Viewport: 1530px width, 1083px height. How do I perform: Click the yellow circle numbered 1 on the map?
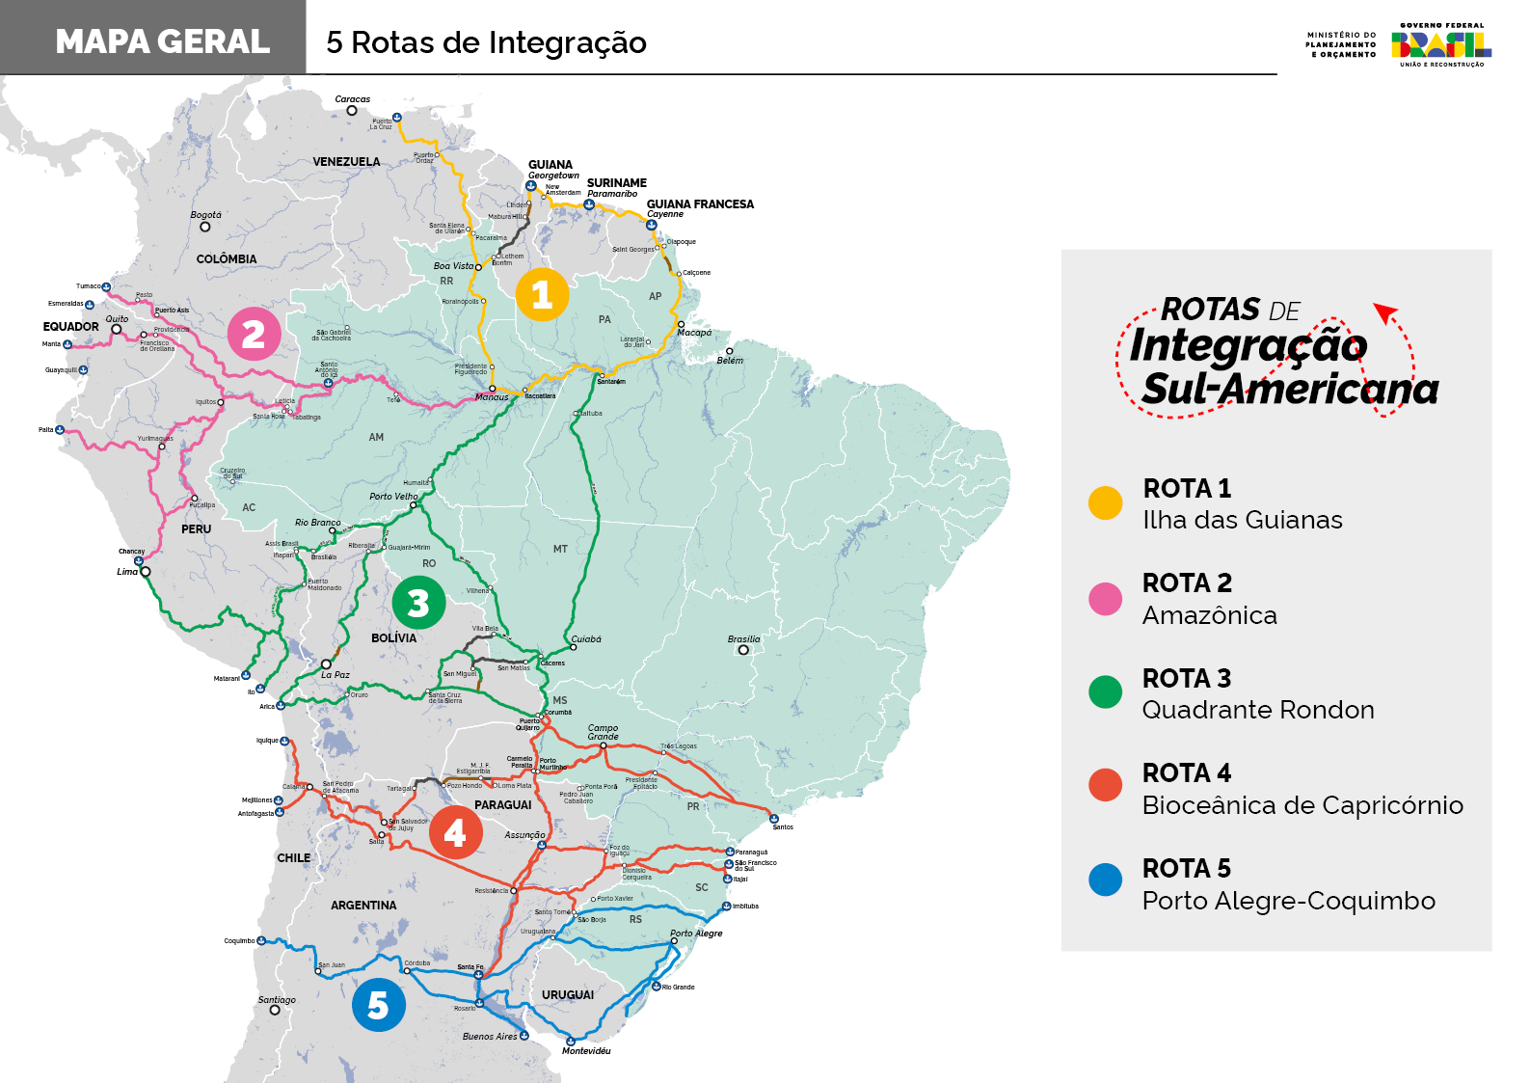click(x=542, y=294)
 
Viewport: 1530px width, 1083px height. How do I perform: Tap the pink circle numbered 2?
click(x=254, y=334)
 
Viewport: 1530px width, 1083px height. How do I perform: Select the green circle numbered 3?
click(x=418, y=603)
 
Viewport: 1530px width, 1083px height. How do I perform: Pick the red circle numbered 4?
click(x=455, y=832)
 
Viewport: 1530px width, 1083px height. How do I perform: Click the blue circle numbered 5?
click(x=378, y=1005)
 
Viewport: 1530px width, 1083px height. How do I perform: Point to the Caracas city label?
click(x=352, y=99)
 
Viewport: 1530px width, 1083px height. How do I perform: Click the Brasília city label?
click(x=743, y=638)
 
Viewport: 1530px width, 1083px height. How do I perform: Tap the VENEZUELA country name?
click(x=346, y=162)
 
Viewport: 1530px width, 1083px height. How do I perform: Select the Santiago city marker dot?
click(x=275, y=1011)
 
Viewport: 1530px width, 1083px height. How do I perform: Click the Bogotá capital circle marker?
click(x=204, y=227)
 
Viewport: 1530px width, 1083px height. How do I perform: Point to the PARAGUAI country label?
click(x=502, y=805)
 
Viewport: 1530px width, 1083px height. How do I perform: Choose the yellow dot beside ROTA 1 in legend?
click(x=1105, y=503)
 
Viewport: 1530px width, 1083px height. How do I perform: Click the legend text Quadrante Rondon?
click(x=1257, y=711)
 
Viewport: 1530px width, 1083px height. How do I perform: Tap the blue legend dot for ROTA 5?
click(x=1105, y=880)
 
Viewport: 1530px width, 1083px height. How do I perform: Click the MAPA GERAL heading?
click(x=162, y=41)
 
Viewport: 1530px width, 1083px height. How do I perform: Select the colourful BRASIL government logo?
click(x=1440, y=44)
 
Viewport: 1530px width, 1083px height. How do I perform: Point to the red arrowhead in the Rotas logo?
click(x=1384, y=312)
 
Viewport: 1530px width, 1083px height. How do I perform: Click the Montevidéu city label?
click(x=586, y=1051)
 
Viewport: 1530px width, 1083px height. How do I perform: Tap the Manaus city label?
click(x=492, y=397)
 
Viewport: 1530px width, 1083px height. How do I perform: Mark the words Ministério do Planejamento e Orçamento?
click(x=1341, y=45)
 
